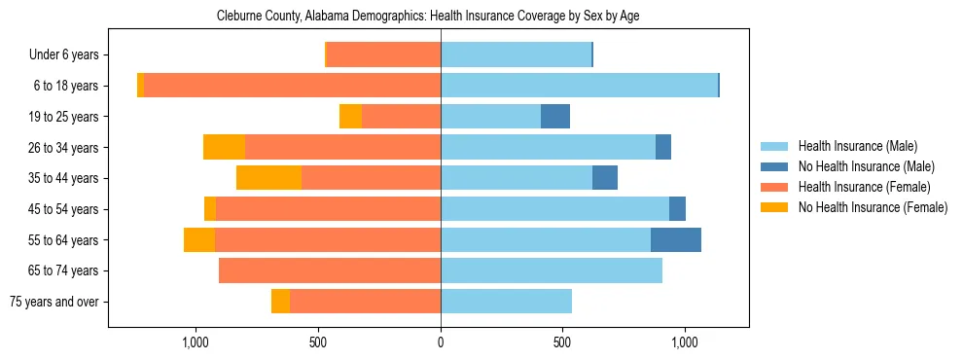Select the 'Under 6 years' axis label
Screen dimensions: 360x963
64,55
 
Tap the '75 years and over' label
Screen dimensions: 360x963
54,302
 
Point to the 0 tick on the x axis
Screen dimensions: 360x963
441,342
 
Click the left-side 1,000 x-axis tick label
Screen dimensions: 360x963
196,342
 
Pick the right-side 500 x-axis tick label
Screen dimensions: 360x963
562,342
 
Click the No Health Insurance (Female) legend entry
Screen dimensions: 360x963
873,207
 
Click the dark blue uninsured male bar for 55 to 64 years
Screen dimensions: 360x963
676,240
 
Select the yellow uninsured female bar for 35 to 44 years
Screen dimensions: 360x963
268,178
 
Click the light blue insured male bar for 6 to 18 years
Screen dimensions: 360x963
579,86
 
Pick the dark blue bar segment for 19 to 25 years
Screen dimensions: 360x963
555,117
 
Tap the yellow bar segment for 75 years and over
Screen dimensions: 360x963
280,302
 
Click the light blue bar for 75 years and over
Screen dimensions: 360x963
506,302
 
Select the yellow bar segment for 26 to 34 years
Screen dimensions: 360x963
224,148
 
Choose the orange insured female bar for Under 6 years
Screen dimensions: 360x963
383,55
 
